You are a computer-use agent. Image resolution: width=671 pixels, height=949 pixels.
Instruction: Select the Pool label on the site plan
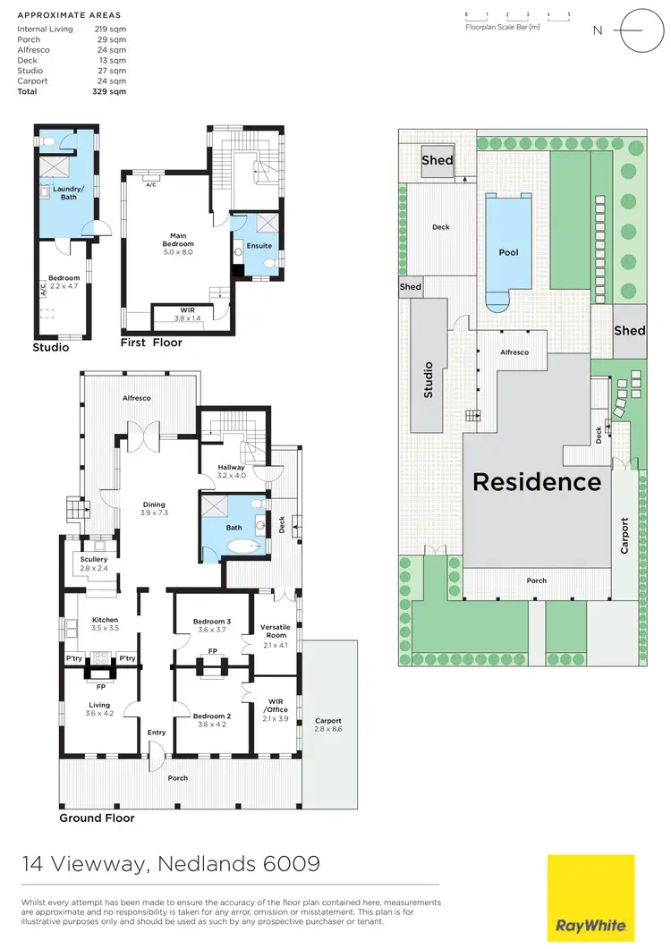click(x=508, y=252)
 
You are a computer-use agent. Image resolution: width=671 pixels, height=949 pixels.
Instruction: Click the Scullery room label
click(x=94, y=563)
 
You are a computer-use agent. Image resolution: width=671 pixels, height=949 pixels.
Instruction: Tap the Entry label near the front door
click(x=157, y=733)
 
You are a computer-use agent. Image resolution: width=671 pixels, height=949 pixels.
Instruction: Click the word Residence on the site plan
click(x=536, y=482)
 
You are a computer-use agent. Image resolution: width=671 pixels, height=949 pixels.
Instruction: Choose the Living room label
click(x=92, y=709)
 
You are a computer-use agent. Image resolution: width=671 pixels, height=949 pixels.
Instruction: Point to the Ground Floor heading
click(x=97, y=818)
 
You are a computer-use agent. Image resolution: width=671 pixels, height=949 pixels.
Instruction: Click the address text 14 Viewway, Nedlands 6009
click(x=171, y=865)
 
